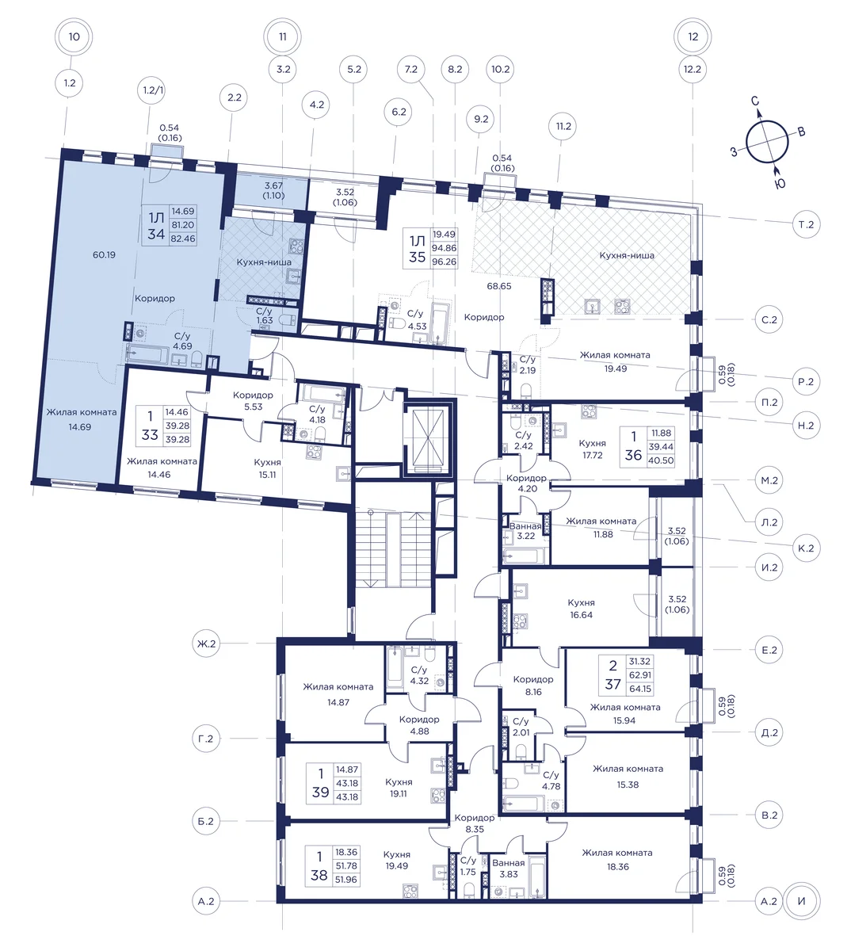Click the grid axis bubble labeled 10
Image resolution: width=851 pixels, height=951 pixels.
[74, 36]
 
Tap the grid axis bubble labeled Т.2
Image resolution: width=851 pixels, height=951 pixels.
[806, 224]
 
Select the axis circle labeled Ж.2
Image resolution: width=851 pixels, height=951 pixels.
[206, 644]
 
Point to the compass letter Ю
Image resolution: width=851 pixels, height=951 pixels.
[780, 184]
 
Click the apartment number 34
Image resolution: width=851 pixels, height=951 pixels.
[156, 233]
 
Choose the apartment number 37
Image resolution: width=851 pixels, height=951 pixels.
[613, 684]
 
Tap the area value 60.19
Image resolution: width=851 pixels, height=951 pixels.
[105, 255]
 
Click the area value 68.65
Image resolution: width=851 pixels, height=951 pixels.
[499, 286]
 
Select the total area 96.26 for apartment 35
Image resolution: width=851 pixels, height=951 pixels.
[444, 262]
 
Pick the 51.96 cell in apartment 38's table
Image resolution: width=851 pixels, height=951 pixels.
[346, 879]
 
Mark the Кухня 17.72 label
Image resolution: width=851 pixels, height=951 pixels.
[593, 449]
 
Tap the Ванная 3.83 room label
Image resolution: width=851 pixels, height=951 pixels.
[509, 868]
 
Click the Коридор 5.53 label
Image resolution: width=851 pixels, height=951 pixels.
[253, 401]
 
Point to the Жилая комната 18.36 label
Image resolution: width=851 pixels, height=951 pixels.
[617, 860]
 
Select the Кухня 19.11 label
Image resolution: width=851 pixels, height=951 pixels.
[399, 788]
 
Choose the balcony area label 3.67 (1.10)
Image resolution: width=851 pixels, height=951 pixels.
[273, 190]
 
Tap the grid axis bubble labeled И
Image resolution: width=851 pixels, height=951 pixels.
[802, 901]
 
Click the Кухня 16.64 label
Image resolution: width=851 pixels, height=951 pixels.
[581, 609]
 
